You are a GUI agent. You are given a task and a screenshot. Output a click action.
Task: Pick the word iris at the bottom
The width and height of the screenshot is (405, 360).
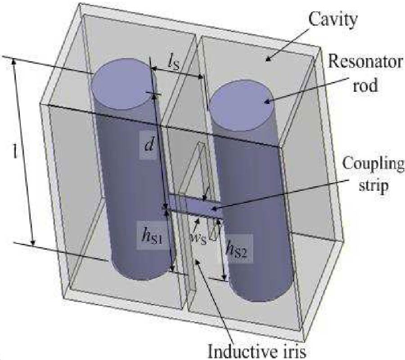[292, 351]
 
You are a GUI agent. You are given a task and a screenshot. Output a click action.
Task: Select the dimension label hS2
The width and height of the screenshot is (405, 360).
[235, 247]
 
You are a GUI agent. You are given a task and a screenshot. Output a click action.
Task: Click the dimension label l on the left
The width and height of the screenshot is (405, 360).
[16, 152]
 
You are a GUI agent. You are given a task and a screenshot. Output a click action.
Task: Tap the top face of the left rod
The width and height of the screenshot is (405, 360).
[121, 83]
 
